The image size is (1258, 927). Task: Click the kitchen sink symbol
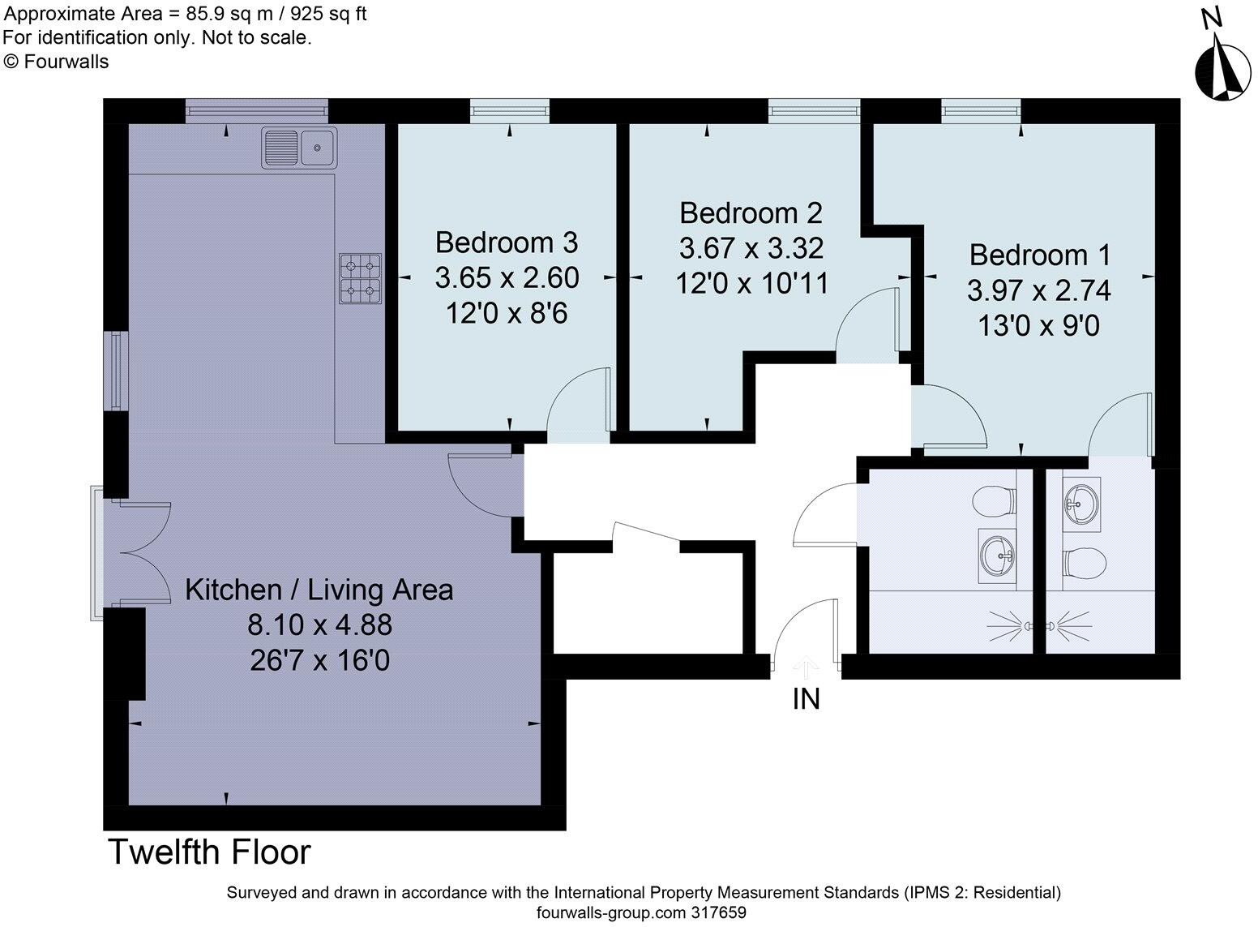(299, 148)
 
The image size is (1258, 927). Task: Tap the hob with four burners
(360, 279)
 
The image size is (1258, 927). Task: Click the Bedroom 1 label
(1040, 255)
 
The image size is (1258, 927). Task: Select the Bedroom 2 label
(751, 213)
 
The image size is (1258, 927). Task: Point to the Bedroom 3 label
(507, 242)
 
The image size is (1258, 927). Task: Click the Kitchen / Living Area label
(319, 590)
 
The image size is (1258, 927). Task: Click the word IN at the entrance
(807, 699)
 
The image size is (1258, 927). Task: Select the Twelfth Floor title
(209, 852)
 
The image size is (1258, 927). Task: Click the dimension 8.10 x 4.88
(319, 624)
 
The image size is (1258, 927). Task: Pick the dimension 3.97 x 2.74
(1039, 291)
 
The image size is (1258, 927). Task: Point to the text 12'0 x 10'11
(752, 282)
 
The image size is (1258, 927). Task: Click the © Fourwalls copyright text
(56, 62)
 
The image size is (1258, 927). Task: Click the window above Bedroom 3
(509, 110)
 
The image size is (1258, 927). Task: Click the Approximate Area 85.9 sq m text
(185, 14)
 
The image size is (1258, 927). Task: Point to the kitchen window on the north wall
(257, 109)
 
